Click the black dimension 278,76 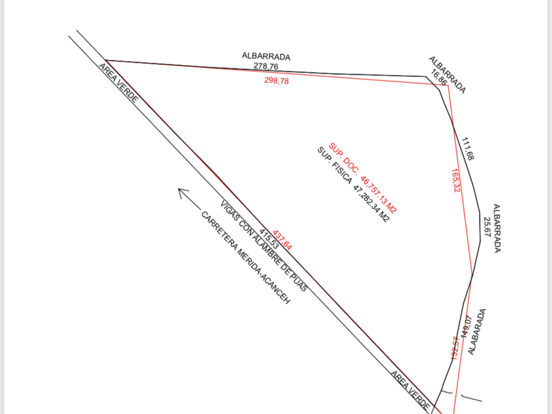pos(266,66)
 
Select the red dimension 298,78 pos(276,81)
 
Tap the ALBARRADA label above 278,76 pos(266,57)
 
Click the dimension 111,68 pos(468,149)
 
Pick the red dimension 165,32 pos(456,180)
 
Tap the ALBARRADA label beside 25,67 pos(497,227)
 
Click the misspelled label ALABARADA pos(478,332)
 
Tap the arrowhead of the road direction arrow pos(181,192)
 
